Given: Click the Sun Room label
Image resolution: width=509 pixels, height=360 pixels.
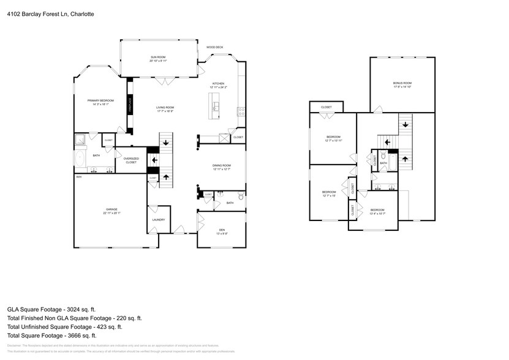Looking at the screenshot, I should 159,57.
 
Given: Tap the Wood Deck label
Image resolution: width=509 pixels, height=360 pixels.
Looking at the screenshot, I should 214,47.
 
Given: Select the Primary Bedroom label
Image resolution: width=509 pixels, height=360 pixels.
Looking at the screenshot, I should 100,100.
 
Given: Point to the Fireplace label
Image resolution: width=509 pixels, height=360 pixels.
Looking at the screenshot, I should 130,105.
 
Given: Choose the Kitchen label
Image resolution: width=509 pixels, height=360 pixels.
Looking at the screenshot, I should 218,83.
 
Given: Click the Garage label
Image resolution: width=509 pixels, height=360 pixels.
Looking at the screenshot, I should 111,209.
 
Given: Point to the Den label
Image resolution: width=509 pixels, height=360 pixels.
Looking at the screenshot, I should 221,230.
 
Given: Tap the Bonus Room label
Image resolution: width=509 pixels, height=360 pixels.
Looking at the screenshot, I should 402,83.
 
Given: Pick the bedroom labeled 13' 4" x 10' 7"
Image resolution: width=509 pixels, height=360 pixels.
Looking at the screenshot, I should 377,212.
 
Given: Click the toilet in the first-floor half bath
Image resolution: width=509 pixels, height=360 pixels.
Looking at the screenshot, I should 241,197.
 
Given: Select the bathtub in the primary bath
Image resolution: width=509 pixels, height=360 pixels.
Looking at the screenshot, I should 79,159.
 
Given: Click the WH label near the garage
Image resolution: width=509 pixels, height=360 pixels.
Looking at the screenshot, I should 78,177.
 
